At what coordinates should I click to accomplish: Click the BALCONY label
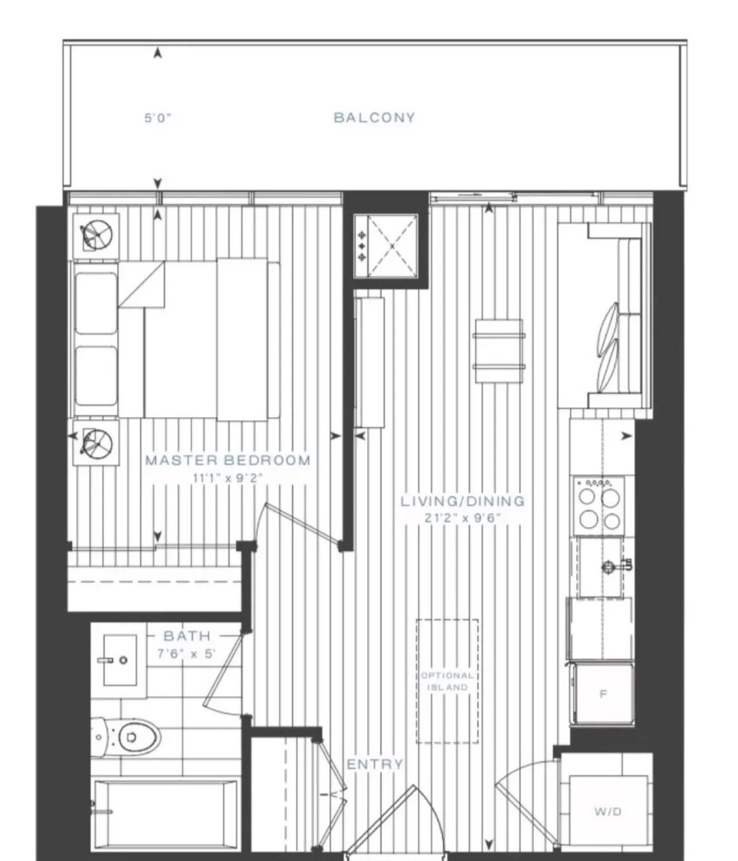click(374, 117)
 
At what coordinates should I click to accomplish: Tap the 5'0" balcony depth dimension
click(158, 119)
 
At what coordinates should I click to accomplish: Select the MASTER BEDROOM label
click(228, 460)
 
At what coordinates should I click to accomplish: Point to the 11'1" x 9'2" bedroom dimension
click(228, 478)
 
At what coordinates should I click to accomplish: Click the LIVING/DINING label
click(462, 501)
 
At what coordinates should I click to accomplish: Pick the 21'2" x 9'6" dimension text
click(462, 518)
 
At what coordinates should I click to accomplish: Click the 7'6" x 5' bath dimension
click(186, 654)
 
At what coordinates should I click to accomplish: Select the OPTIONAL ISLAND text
click(447, 682)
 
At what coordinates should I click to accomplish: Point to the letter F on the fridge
click(603, 694)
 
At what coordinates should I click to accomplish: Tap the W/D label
click(608, 811)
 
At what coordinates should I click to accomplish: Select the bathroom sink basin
click(120, 660)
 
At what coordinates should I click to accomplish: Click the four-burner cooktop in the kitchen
click(599, 505)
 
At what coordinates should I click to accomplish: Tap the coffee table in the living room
click(499, 351)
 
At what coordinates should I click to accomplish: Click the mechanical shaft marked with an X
click(386, 246)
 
